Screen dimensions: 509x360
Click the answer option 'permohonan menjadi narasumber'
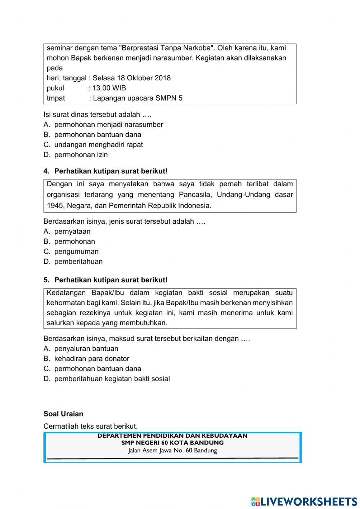point(108,125)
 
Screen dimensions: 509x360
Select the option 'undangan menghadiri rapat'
point(98,145)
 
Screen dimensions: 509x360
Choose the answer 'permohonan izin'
point(81,155)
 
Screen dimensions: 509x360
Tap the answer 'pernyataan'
point(72,232)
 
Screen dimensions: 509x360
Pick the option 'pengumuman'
point(76,252)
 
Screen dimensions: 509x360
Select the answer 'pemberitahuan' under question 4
point(78,262)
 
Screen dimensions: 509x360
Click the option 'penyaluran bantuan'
point(86,349)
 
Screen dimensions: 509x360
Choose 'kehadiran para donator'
point(91,359)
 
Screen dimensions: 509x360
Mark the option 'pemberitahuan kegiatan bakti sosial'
point(112,379)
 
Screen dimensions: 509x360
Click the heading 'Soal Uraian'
point(63,414)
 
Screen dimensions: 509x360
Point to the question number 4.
point(46,171)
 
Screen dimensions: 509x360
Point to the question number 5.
point(46,280)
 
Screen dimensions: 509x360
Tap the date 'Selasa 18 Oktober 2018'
point(132,78)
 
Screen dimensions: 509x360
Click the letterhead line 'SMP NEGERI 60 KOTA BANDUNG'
point(172,443)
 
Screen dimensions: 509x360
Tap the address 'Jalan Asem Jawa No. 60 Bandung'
point(172,450)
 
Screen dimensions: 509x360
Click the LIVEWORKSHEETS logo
point(304,501)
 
